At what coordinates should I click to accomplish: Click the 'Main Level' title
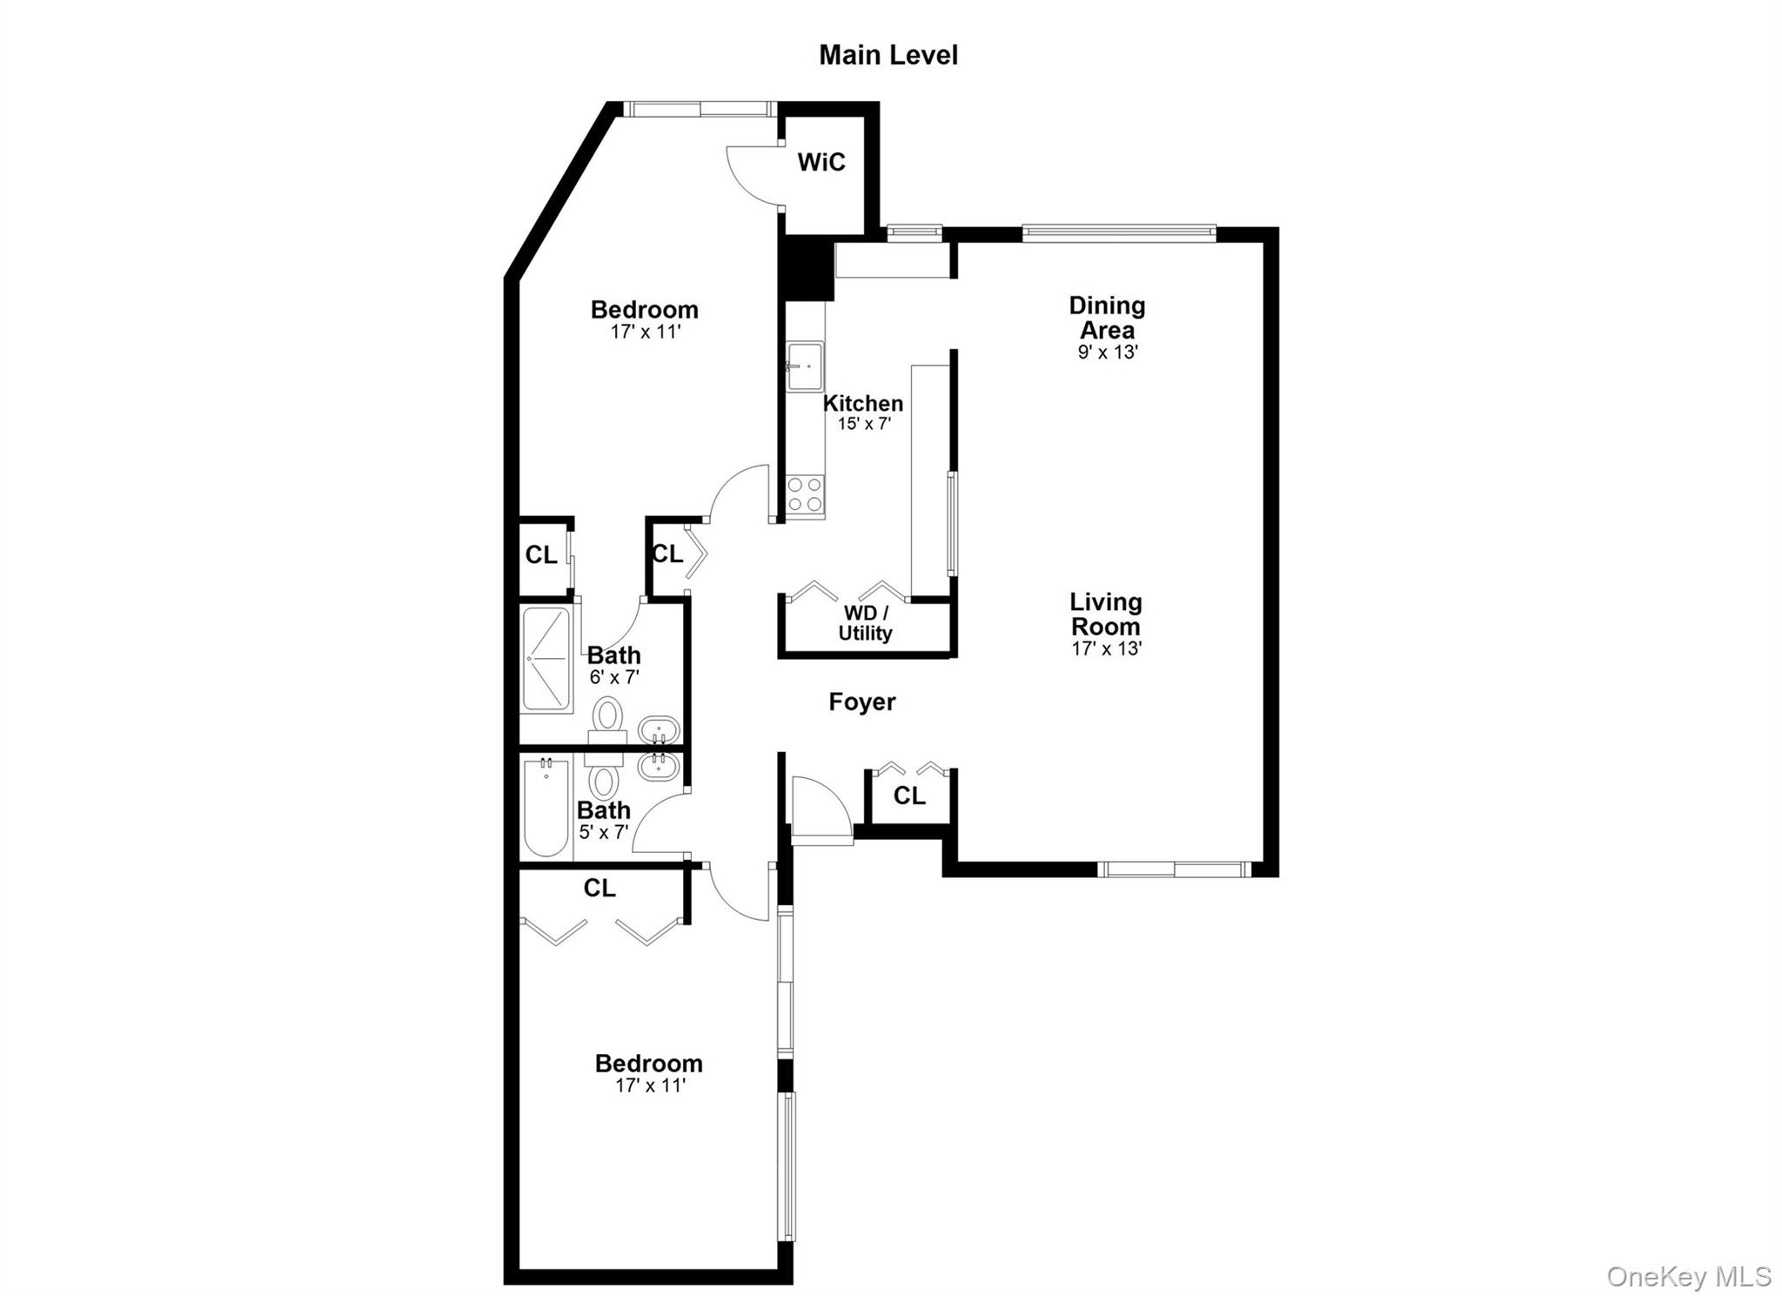[888, 55]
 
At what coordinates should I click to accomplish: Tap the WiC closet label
[821, 162]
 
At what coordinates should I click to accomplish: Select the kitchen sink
[805, 366]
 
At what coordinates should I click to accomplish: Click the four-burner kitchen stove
[805, 494]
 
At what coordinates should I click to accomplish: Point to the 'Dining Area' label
[1107, 318]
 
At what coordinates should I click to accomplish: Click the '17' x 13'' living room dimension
[1106, 648]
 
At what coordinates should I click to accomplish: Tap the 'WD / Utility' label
[865, 623]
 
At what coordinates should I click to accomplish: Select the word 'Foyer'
[861, 702]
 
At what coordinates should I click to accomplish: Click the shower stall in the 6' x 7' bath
[546, 659]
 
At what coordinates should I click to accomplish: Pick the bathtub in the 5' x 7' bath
[546, 809]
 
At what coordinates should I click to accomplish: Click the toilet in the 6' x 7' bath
[607, 718]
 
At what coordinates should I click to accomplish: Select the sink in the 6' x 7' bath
[658, 730]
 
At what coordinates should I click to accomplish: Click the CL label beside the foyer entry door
[909, 795]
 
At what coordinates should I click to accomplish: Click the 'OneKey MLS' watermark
[1688, 1276]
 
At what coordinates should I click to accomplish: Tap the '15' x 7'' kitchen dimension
[864, 424]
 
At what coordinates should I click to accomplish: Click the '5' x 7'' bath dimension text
[603, 832]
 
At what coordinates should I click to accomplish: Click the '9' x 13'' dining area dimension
[1108, 352]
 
